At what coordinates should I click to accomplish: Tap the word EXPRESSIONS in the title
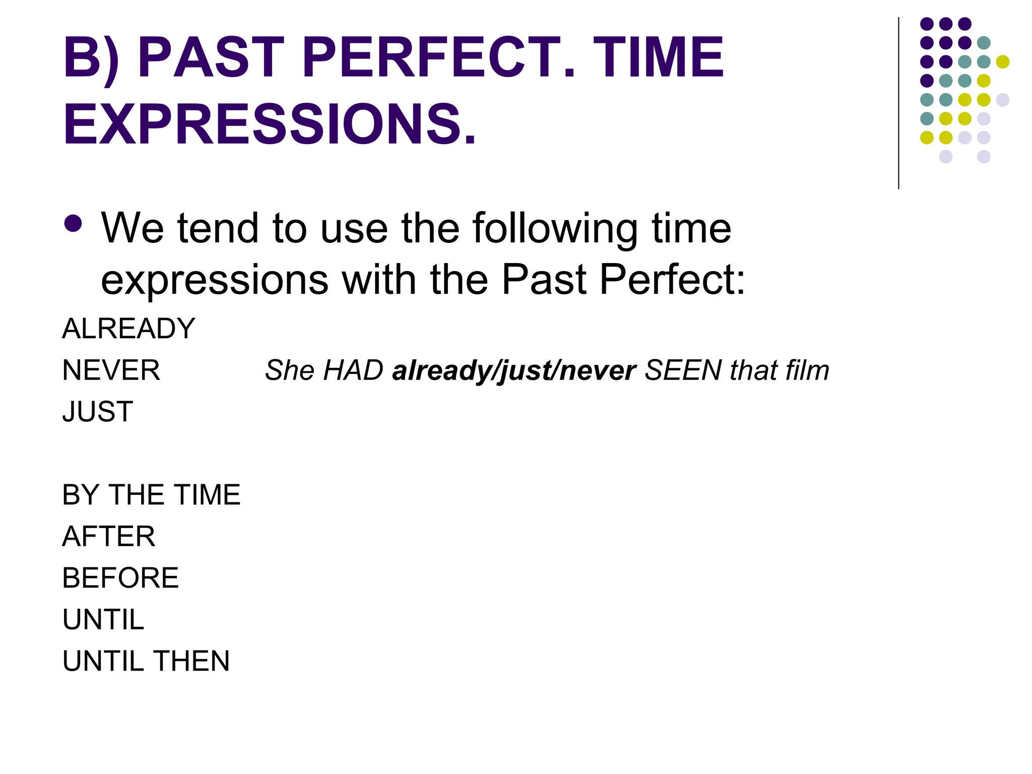tap(270, 124)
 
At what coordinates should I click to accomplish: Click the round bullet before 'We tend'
tap(74, 224)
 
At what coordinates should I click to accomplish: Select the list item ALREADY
tap(128, 329)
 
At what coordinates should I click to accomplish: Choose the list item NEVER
tap(111, 370)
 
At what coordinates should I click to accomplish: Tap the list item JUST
tap(98, 412)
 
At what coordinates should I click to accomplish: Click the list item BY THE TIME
tap(151, 495)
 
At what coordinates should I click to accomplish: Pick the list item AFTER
tap(109, 536)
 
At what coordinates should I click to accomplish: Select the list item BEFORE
tap(120, 578)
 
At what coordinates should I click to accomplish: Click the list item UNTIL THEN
tap(146, 661)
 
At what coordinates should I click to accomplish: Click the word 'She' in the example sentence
tap(290, 370)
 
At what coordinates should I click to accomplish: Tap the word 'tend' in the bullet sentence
tap(218, 229)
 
